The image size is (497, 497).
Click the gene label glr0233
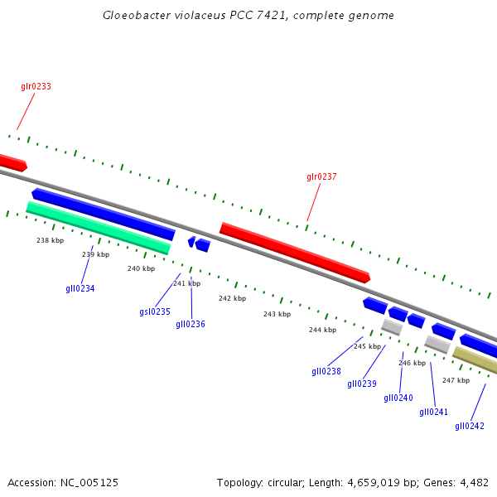pyautogui.click(x=36, y=86)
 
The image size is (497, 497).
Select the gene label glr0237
pyautogui.click(x=321, y=176)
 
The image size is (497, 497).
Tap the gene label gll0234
pyautogui.click(x=80, y=288)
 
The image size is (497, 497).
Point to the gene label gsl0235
pyautogui.click(x=155, y=311)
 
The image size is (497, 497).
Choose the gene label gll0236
pyautogui.click(x=191, y=324)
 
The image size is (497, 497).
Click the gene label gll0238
pyautogui.click(x=326, y=371)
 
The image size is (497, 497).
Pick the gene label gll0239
pyautogui.click(x=362, y=384)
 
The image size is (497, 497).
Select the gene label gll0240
pyautogui.click(x=398, y=398)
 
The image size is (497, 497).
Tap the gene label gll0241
pyautogui.click(x=433, y=412)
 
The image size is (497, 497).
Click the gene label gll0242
pyautogui.click(x=470, y=426)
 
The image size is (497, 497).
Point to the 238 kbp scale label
pyautogui.click(x=51, y=240)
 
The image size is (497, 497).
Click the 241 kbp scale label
pyautogui.click(x=186, y=283)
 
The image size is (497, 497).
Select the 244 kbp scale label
pyautogui.click(x=323, y=330)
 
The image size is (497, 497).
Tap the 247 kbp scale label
pyautogui.click(x=456, y=380)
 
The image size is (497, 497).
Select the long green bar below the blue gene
pyautogui.click(x=98, y=226)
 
